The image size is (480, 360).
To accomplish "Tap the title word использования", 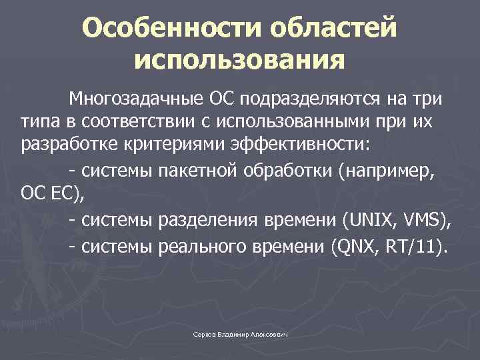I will click(239, 61).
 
